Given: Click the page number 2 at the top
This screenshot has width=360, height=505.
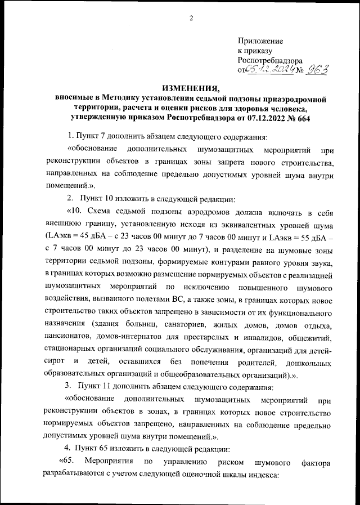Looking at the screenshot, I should point(191,18).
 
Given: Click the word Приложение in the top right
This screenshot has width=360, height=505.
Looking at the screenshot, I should point(260,41).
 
